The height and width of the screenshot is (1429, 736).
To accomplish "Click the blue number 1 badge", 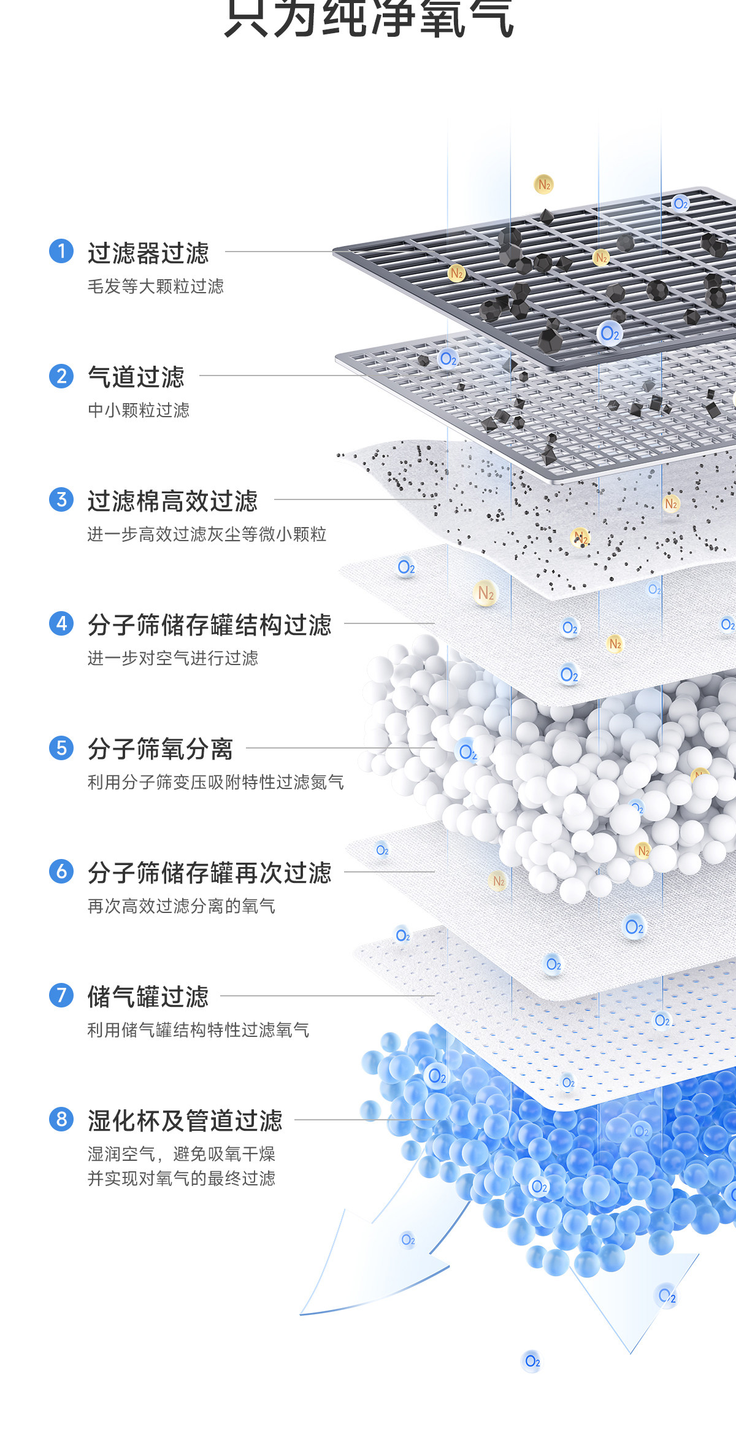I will pyautogui.click(x=61, y=252).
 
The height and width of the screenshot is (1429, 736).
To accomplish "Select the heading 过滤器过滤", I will pyautogui.click(x=148, y=253).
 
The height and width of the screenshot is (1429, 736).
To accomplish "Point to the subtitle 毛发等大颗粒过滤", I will pyautogui.click(x=155, y=287).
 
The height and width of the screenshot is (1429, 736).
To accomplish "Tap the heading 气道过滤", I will pyautogui.click(x=136, y=377).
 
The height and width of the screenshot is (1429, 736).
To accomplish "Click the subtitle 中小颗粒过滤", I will pyautogui.click(x=139, y=410).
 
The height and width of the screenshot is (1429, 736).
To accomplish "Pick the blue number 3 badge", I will pyautogui.click(x=61, y=499).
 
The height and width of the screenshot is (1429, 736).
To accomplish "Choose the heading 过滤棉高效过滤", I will pyautogui.click(x=172, y=501).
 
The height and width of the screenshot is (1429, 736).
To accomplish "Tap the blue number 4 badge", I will pyautogui.click(x=61, y=623).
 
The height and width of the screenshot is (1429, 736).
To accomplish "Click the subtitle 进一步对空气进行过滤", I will pyautogui.click(x=172, y=658).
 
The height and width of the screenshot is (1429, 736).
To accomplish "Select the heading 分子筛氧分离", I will pyautogui.click(x=160, y=749).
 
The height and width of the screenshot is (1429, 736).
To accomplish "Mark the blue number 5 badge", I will pyautogui.click(x=61, y=748).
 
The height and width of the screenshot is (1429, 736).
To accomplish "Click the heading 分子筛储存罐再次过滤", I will pyautogui.click(x=209, y=873).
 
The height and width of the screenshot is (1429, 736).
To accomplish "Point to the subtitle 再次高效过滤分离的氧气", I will pyautogui.click(x=181, y=906).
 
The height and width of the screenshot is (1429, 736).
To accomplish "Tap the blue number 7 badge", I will pyautogui.click(x=61, y=995).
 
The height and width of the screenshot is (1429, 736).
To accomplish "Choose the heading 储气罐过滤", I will pyautogui.click(x=148, y=997).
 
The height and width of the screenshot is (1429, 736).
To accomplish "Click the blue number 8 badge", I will pyautogui.click(x=61, y=1119).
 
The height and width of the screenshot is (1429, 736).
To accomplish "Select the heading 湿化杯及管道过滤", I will pyautogui.click(x=185, y=1121).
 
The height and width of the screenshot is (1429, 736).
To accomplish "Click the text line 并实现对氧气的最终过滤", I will pyautogui.click(x=181, y=1179).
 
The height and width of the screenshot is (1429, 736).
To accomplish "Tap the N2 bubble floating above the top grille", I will pyautogui.click(x=544, y=184).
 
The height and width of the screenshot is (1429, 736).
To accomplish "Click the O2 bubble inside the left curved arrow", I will pyautogui.click(x=408, y=1240).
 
